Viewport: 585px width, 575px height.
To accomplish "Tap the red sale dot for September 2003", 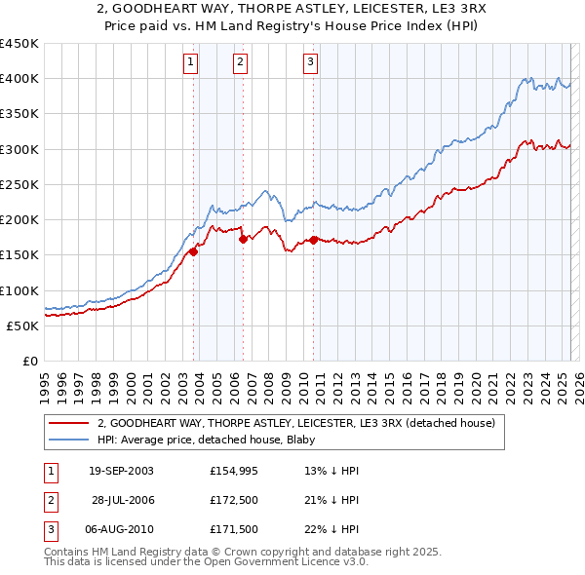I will click(x=194, y=251).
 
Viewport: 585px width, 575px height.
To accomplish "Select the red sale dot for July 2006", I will click(x=243, y=239).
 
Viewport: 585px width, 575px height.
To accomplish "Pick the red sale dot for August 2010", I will click(x=313, y=240).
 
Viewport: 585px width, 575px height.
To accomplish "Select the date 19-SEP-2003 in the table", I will click(x=121, y=471).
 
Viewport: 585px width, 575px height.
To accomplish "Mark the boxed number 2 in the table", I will click(x=49, y=500).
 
